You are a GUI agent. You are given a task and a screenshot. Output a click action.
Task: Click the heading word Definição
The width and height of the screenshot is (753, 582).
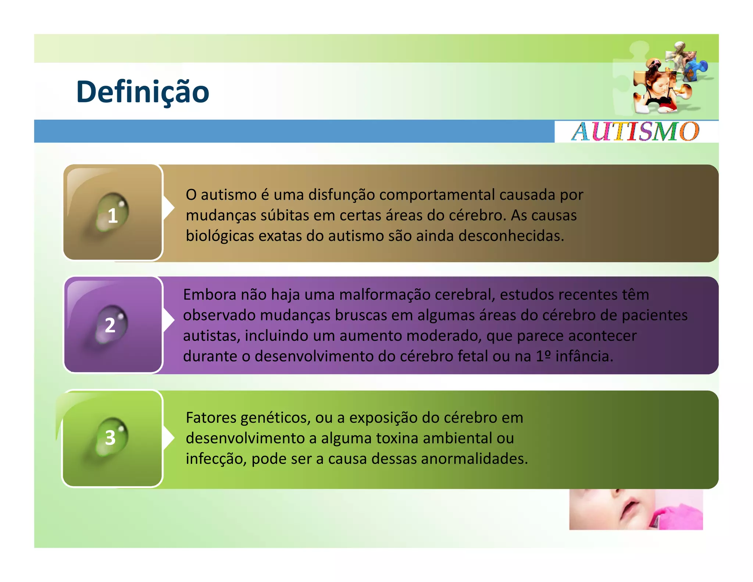tap(143, 92)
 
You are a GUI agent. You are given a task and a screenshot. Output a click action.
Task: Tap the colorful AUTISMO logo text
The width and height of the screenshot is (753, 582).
tap(635, 132)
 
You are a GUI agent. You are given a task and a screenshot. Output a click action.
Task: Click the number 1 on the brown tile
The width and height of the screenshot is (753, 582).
tap(113, 216)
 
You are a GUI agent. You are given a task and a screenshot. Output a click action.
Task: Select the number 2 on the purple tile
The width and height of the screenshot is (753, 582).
tap(110, 325)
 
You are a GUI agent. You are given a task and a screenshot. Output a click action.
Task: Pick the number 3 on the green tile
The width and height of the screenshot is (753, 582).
tap(110, 438)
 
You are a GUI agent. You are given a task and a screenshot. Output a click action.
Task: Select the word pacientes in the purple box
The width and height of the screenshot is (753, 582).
tap(654, 315)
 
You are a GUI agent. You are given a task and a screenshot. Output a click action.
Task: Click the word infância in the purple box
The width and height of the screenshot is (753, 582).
tap(584, 356)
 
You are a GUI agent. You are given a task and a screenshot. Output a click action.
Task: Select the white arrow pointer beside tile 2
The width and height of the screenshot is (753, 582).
tap(168, 320)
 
